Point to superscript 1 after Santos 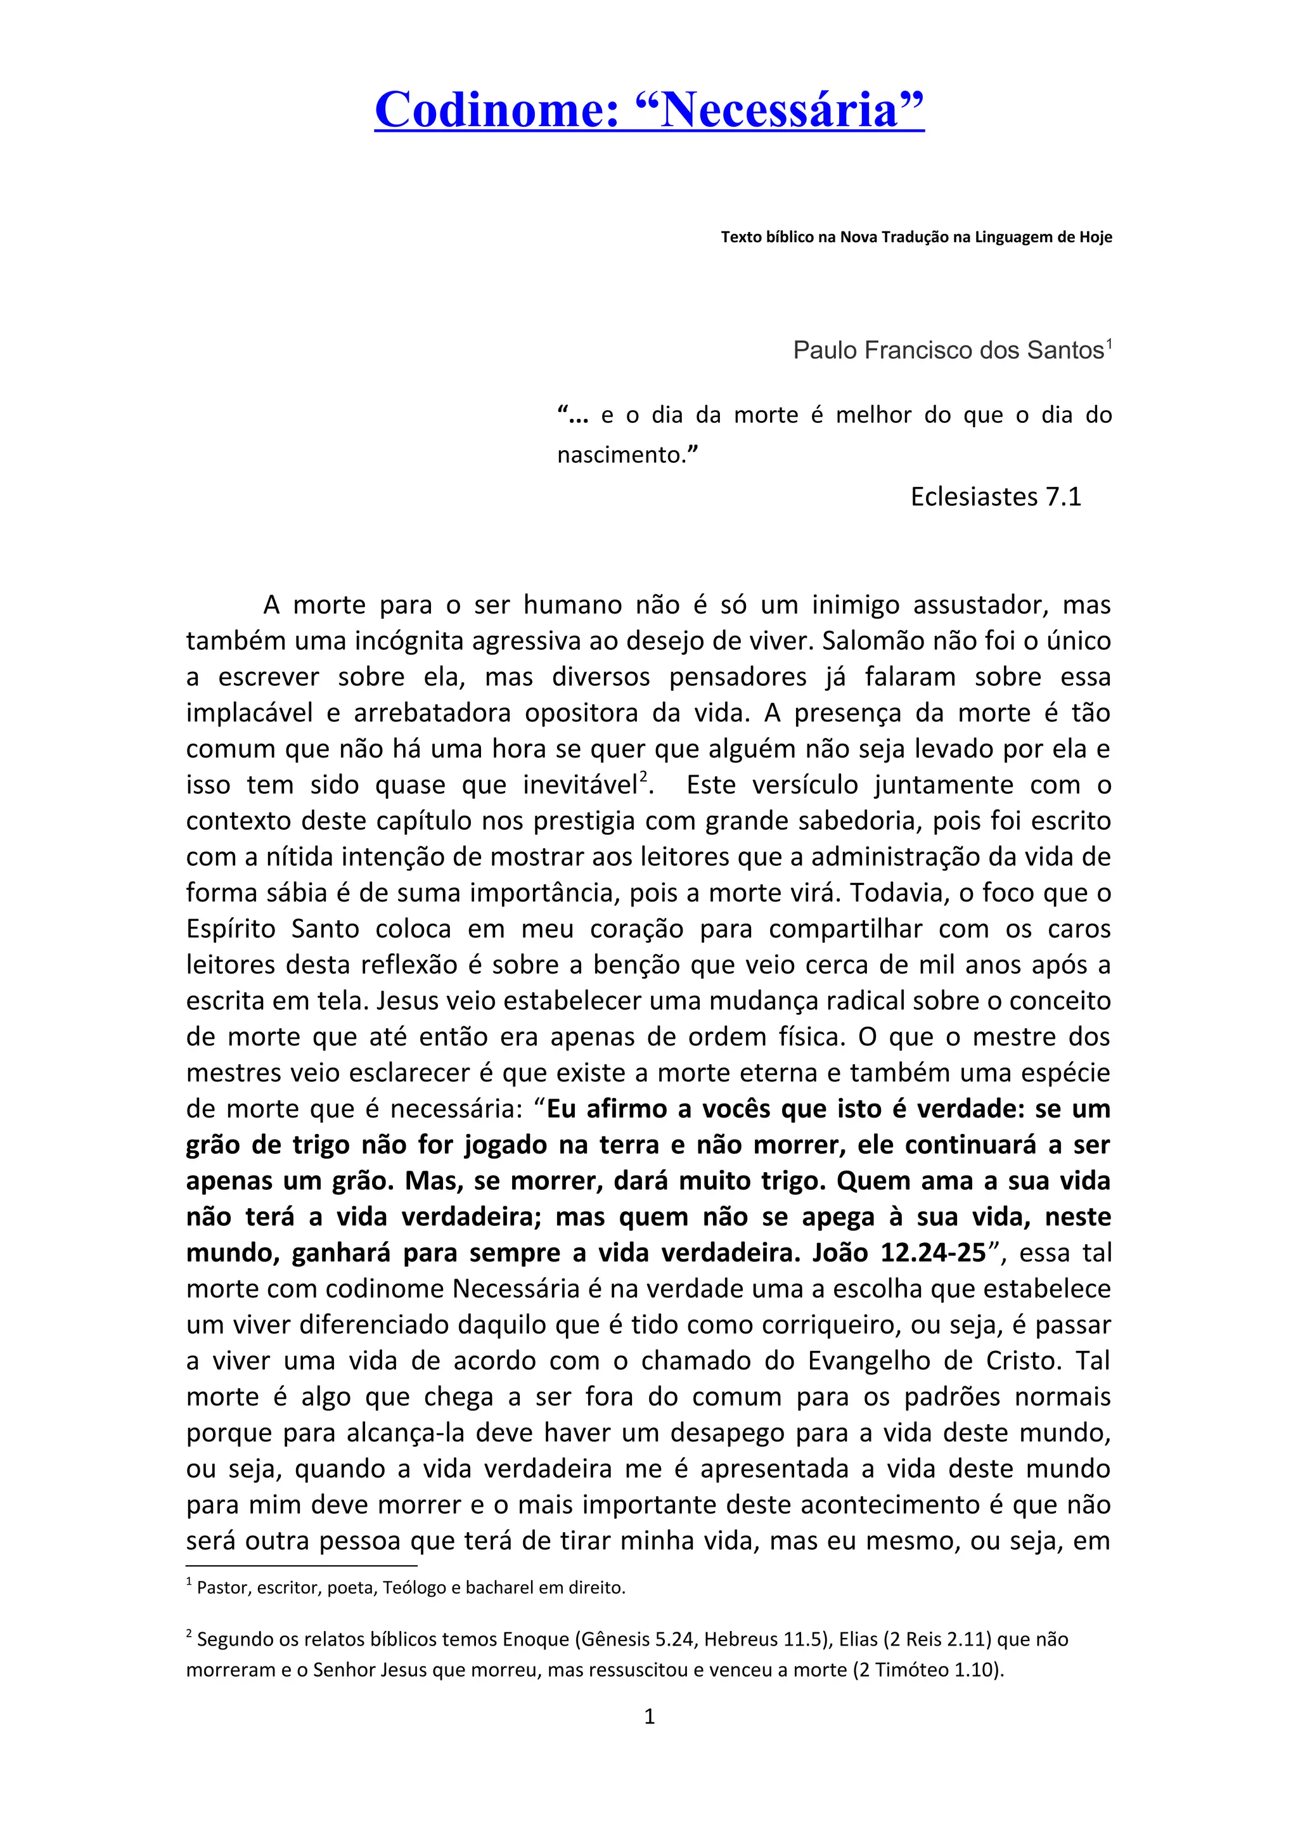1108,344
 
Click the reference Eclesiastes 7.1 996,497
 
